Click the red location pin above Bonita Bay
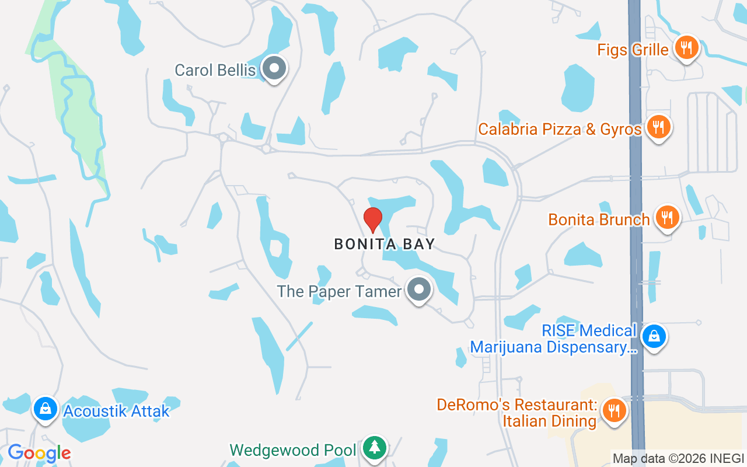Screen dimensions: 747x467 (x=373, y=219)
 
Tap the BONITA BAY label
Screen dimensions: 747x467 (x=385, y=244)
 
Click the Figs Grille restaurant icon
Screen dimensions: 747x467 (x=687, y=47)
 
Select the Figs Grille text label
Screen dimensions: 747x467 (x=633, y=50)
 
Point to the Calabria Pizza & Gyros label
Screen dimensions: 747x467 (x=560, y=129)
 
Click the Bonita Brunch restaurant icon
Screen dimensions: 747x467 (x=667, y=217)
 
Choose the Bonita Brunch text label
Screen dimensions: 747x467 (x=599, y=219)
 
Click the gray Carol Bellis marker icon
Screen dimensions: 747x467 (x=274, y=68)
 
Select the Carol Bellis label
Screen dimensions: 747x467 (x=215, y=71)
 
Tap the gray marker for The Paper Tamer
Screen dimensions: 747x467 (x=418, y=289)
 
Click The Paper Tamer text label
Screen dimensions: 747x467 (x=339, y=291)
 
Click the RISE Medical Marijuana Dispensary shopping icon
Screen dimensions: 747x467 (x=654, y=337)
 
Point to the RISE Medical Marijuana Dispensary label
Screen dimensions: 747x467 (x=553, y=339)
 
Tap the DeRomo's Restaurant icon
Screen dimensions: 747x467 (x=613, y=410)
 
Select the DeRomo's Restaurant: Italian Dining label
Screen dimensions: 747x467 (x=516, y=412)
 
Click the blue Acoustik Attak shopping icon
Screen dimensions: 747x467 (x=45, y=409)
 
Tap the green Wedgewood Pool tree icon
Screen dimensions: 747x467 (x=374, y=448)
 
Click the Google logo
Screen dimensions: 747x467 (x=39, y=453)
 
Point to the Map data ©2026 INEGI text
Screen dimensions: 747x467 (x=678, y=458)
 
